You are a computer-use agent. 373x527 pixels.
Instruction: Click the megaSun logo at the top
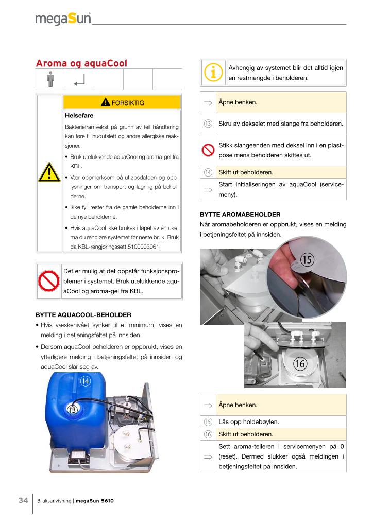(x=63, y=19)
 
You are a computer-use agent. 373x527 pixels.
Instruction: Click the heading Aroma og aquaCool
(x=81, y=63)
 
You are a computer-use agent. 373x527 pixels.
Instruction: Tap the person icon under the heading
(x=50, y=80)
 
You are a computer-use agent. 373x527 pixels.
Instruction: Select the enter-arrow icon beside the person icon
(x=79, y=80)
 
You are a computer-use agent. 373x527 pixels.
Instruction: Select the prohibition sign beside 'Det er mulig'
(x=49, y=280)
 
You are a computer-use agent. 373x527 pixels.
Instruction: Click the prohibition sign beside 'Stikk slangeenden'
(x=208, y=150)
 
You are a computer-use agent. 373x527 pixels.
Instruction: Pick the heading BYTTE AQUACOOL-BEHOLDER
(x=83, y=314)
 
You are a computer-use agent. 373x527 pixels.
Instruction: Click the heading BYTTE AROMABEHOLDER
(x=240, y=214)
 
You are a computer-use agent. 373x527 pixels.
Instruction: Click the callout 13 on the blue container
(x=72, y=410)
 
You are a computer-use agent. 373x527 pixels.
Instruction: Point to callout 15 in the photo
(x=307, y=260)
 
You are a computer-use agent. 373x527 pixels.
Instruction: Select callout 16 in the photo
(x=300, y=364)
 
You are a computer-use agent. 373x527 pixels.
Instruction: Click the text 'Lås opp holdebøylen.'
(x=248, y=422)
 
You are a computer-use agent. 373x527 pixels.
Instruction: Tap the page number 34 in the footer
(x=23, y=500)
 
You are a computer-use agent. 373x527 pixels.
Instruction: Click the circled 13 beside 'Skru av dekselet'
(x=208, y=124)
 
